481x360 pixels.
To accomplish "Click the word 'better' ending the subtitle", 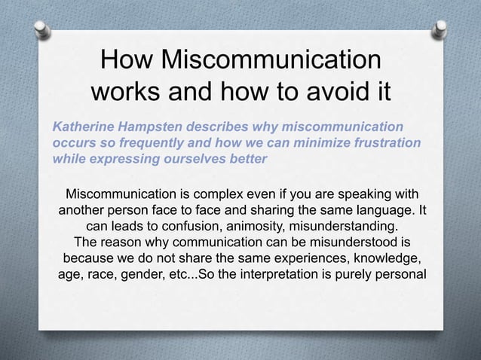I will point(247,160).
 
